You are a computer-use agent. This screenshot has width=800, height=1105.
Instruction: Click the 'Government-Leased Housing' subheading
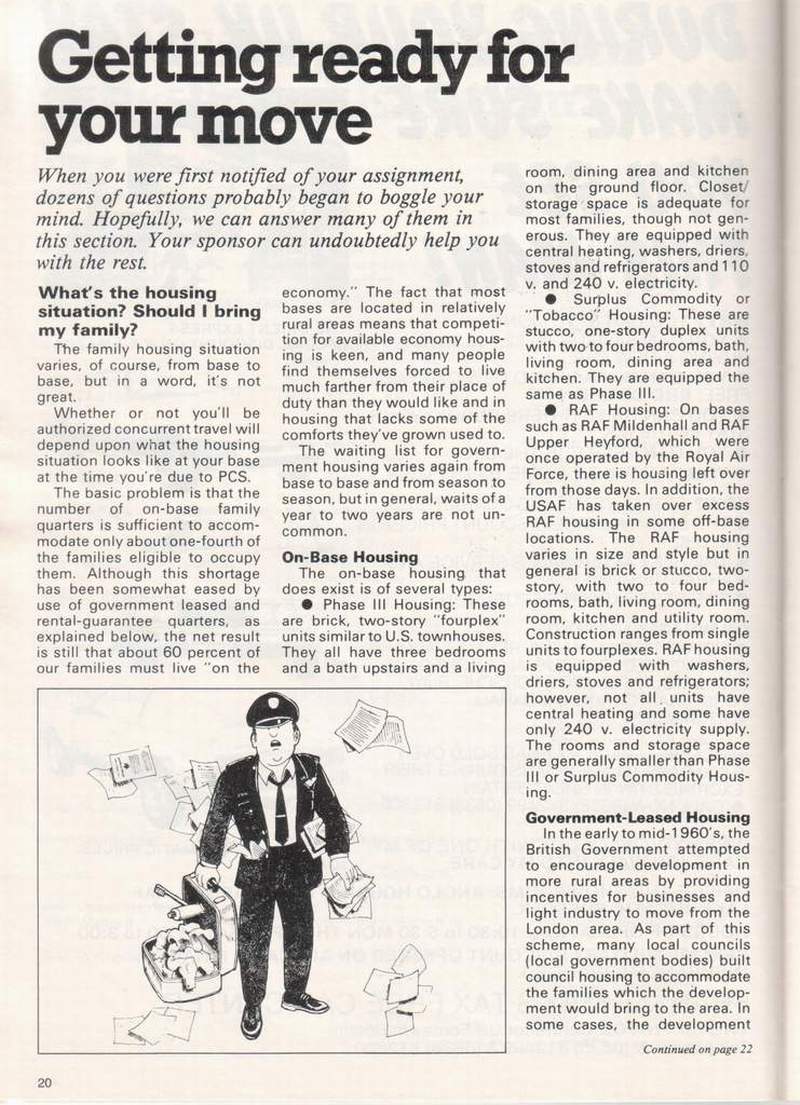click(639, 817)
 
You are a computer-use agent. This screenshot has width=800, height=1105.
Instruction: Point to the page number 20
click(47, 1081)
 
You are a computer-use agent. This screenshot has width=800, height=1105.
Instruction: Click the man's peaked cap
click(271, 709)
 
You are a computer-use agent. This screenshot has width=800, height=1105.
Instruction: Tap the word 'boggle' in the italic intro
click(421, 196)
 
